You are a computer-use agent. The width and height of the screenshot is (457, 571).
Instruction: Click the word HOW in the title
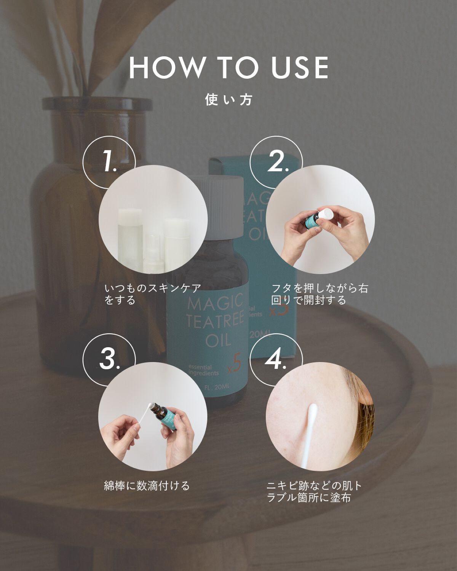(167, 67)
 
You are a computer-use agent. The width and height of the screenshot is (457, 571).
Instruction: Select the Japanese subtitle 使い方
(228, 100)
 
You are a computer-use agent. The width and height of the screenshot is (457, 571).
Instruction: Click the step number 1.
(110, 161)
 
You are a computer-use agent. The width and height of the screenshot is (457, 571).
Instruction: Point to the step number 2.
(278, 161)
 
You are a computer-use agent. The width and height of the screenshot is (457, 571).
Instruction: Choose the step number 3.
(110, 359)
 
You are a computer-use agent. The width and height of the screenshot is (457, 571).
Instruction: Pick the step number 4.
(276, 359)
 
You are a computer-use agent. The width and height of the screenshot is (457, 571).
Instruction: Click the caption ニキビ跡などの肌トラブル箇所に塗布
(314, 492)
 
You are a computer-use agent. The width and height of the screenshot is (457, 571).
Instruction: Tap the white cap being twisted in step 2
(325, 214)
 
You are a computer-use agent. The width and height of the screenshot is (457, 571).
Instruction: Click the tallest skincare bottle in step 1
(130, 240)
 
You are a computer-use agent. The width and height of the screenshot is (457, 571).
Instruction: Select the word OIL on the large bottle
(218, 340)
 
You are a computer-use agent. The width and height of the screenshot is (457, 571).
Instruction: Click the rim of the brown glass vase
(97, 104)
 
